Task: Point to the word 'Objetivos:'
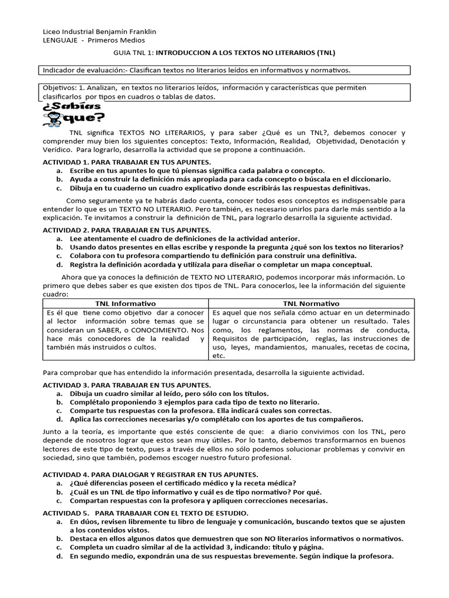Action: tap(60, 87)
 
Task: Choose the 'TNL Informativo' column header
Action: tap(126, 304)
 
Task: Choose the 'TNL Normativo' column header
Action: tap(311, 304)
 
